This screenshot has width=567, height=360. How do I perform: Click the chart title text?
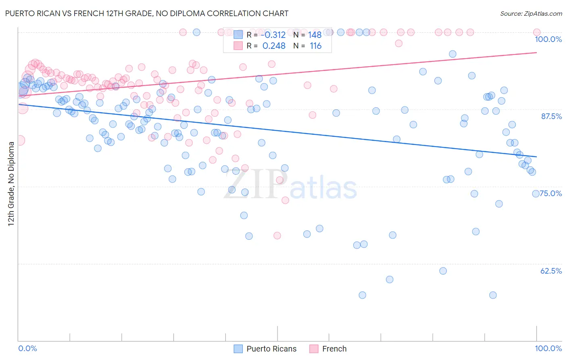[x=146, y=13]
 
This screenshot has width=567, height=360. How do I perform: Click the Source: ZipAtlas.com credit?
[x=531, y=13]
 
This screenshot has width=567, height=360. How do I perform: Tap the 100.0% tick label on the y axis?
[x=548, y=39]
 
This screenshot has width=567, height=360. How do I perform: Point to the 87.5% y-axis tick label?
[x=551, y=116]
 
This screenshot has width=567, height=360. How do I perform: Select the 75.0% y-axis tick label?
[x=551, y=193]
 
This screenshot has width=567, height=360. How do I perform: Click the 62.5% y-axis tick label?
[x=551, y=271]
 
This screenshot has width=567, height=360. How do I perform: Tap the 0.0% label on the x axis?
[x=27, y=348]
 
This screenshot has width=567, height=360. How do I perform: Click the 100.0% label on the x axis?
[x=548, y=348]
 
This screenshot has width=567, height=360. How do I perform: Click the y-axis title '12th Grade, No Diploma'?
[x=11, y=183]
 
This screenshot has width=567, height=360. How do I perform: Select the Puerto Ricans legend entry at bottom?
[x=271, y=349]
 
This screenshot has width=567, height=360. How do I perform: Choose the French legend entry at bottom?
[x=334, y=349]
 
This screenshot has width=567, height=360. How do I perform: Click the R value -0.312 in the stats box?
[x=274, y=35]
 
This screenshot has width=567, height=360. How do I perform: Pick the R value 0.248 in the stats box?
[x=274, y=46]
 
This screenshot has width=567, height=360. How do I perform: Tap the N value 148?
[x=315, y=35]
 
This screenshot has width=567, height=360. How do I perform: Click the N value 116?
[x=315, y=46]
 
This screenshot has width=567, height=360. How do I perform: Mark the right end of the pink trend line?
[x=536, y=52]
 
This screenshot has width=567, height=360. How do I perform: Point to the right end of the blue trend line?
[x=536, y=157]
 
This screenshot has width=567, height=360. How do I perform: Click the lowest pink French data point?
[x=277, y=236]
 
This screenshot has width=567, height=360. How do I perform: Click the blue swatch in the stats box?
[x=238, y=35]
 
